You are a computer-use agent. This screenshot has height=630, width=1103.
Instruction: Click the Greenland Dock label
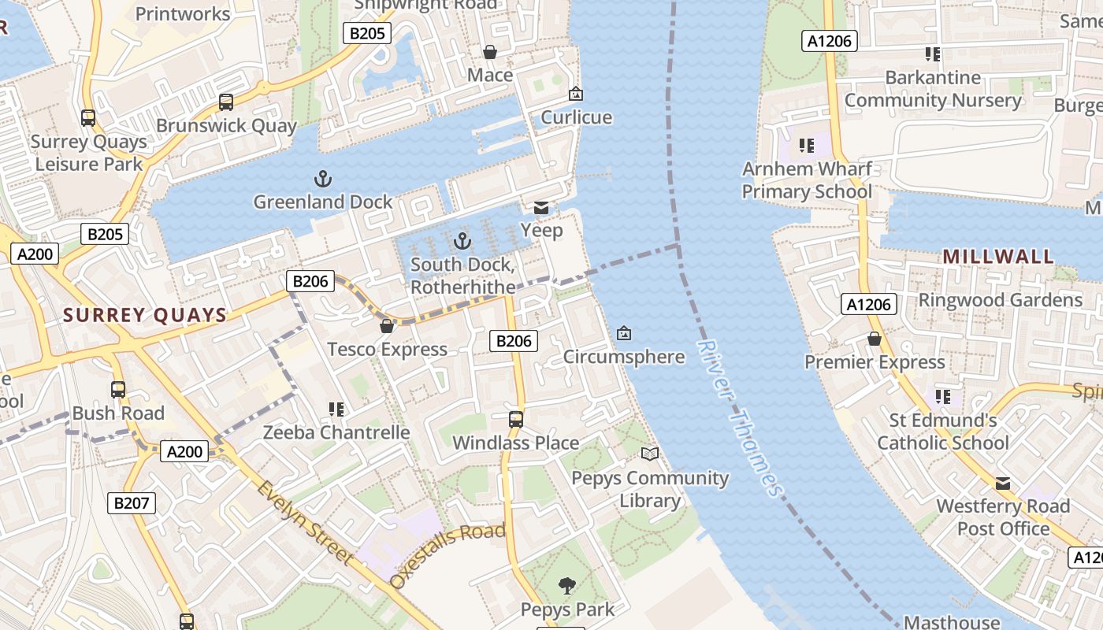pyautogui.click(x=322, y=202)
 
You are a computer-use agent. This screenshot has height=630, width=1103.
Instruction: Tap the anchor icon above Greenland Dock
pyautogui.click(x=322, y=179)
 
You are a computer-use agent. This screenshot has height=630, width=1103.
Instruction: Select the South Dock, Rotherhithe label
pyautogui.click(x=462, y=276)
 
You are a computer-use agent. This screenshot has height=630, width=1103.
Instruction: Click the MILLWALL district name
pyautogui.click(x=997, y=257)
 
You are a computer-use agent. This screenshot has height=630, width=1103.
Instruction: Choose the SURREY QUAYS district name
pyautogui.click(x=145, y=316)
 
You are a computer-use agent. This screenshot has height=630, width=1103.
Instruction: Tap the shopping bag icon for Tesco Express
pyautogui.click(x=387, y=326)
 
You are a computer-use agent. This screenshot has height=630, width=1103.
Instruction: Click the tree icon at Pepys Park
pyautogui.click(x=566, y=585)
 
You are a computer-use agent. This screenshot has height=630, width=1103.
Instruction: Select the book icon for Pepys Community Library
pyautogui.click(x=649, y=454)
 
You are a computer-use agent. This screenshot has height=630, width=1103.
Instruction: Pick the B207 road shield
pyautogui.click(x=132, y=503)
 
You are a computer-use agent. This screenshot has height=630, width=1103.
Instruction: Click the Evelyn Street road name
pyautogui.click(x=304, y=522)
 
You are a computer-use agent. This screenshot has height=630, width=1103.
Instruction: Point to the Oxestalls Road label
pyautogui.click(x=447, y=556)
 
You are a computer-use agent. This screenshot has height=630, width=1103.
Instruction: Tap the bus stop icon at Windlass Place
pyautogui.click(x=516, y=420)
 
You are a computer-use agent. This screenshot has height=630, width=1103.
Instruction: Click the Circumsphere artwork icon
pyautogui.click(x=624, y=334)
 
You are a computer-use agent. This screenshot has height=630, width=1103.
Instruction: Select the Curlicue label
pyautogui.click(x=576, y=117)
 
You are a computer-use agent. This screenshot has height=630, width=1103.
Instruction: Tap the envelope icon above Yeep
pyautogui.click(x=541, y=208)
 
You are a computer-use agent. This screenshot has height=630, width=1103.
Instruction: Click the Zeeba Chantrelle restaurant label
pyautogui.click(x=336, y=432)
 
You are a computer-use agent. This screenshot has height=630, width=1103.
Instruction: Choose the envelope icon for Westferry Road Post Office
pyautogui.click(x=1002, y=483)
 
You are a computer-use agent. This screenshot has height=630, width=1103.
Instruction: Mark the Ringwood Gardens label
pyautogui.click(x=1000, y=300)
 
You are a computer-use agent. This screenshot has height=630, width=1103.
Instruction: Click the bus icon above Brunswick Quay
pyautogui.click(x=226, y=102)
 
